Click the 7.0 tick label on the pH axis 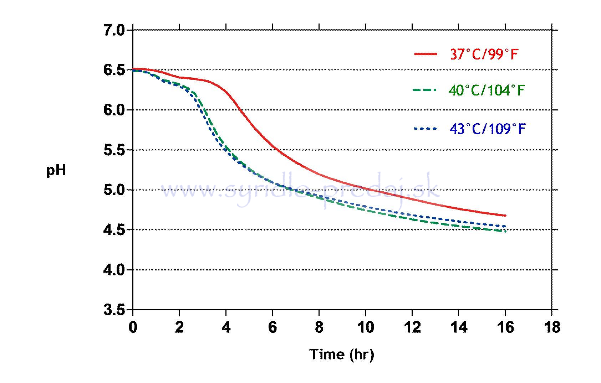tap(114, 31)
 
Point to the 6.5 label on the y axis tap(114, 70)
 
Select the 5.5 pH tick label tap(114, 150)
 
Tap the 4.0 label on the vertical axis tap(114, 270)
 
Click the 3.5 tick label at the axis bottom tap(114, 310)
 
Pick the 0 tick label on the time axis tap(133, 327)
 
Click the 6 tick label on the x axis tap(273, 327)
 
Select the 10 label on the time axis tap(365, 327)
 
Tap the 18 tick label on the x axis tap(552, 327)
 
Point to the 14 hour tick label tap(458, 327)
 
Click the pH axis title tap(56, 171)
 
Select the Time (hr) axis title tap(342, 354)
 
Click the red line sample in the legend tap(425, 54)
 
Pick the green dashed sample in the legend tap(425, 90)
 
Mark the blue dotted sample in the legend tap(425, 128)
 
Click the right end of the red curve tap(505, 216)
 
